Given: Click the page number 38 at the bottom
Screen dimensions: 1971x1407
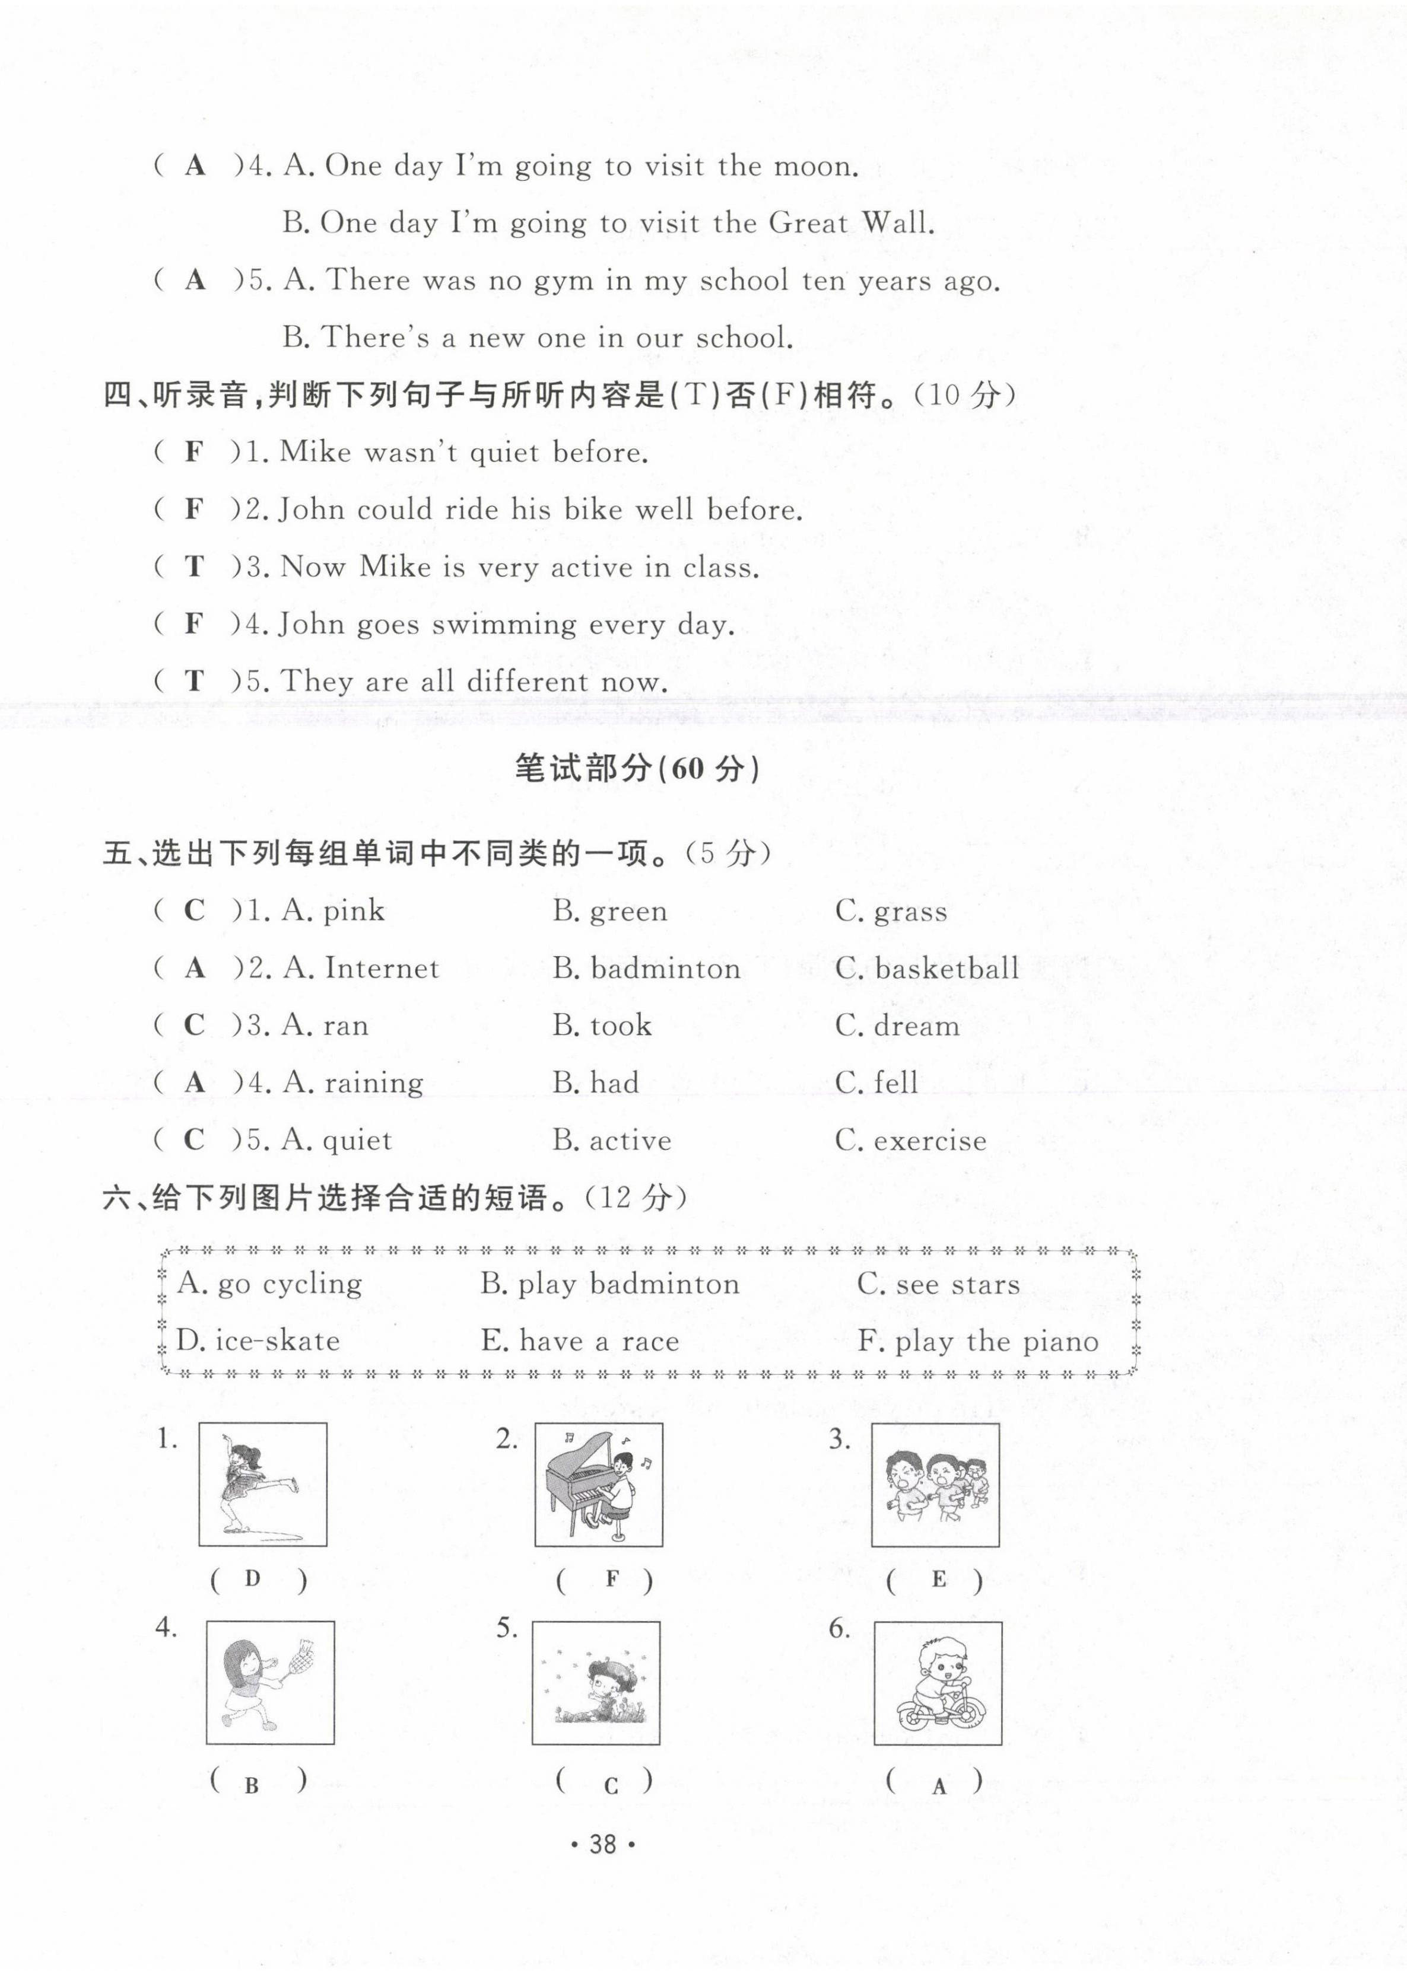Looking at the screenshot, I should (x=602, y=1845).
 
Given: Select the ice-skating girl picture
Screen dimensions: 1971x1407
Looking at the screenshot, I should (x=262, y=1484).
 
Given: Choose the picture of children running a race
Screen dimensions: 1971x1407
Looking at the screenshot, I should (x=935, y=1484).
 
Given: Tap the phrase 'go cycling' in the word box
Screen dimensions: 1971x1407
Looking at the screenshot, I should (x=290, y=1284).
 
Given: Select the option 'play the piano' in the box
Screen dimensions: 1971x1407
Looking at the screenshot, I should (x=996, y=1342).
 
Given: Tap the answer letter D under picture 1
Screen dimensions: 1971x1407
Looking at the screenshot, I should (x=252, y=1579).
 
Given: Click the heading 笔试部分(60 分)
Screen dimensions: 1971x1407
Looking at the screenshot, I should (x=638, y=768).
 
